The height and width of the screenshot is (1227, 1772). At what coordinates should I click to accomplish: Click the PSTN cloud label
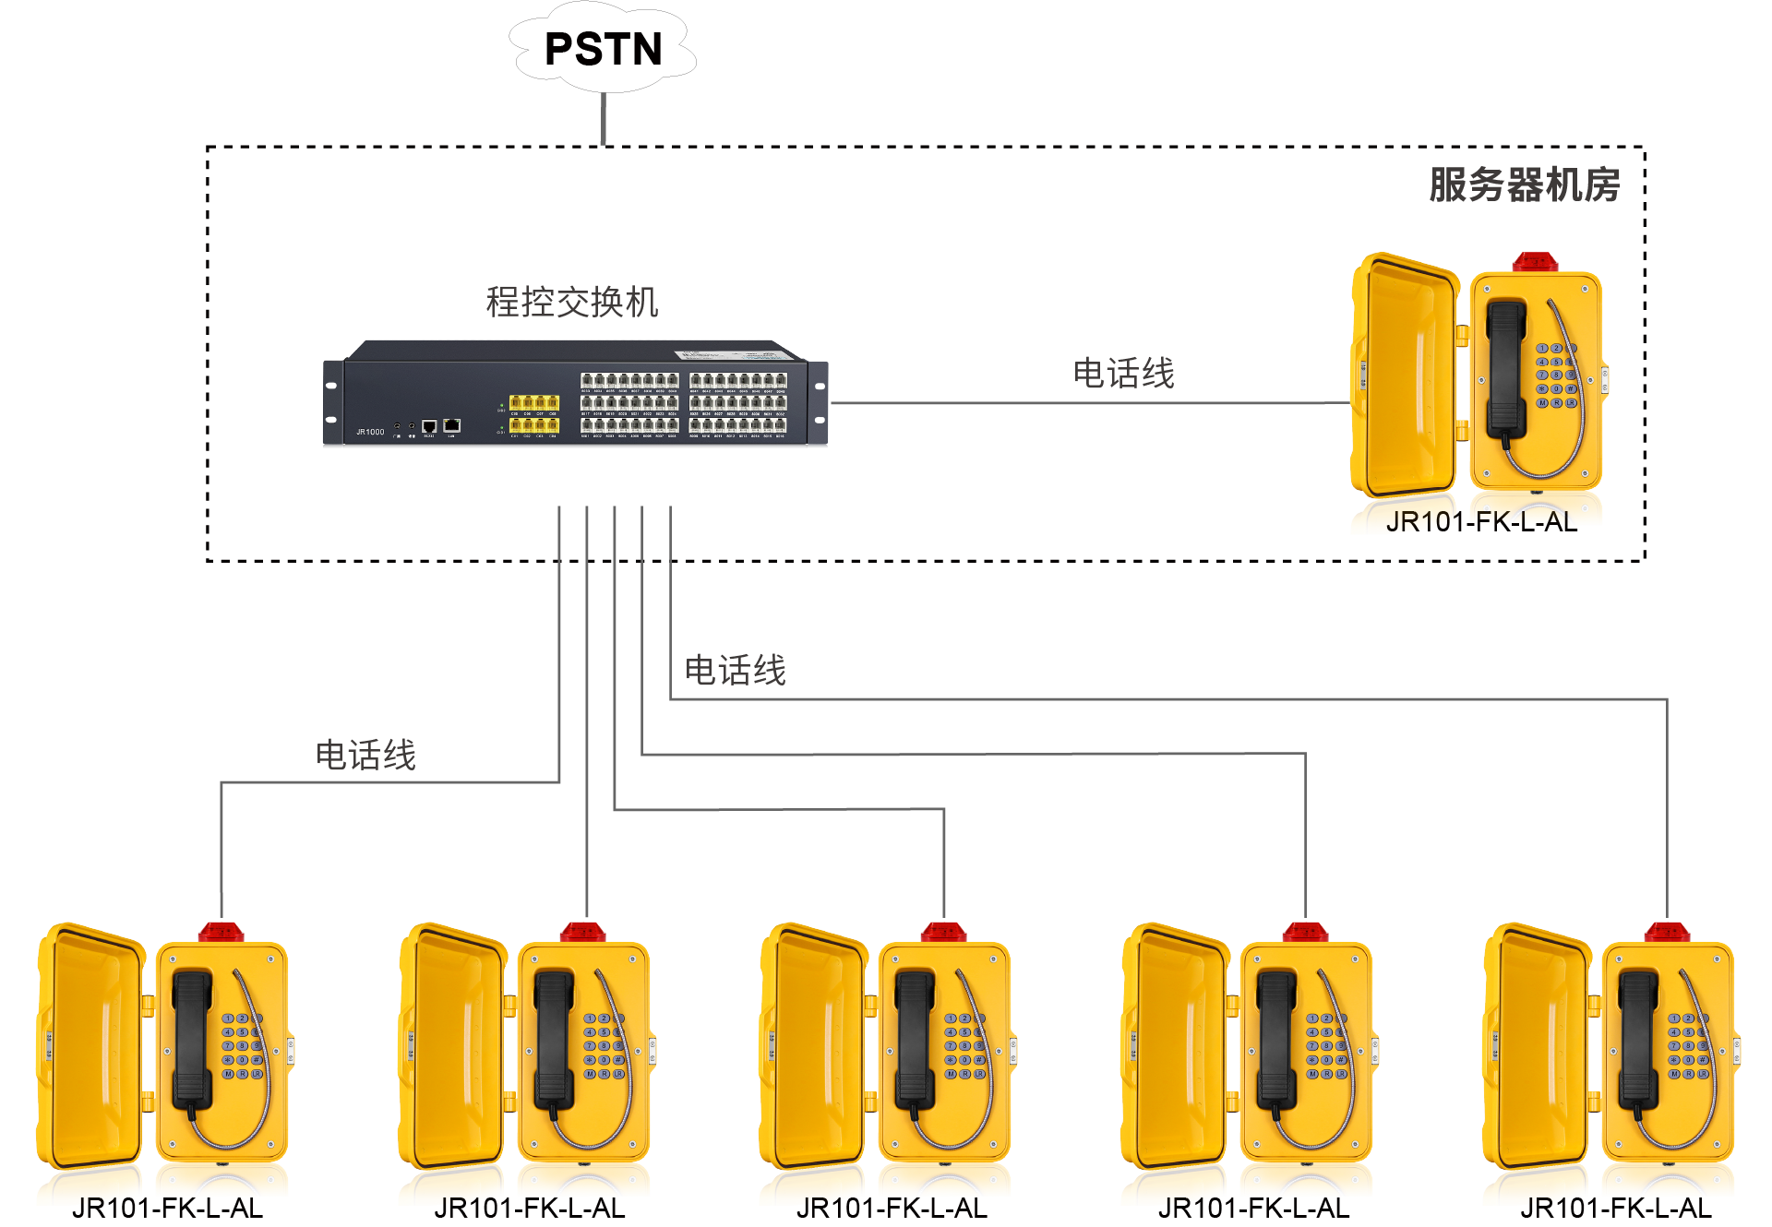(604, 49)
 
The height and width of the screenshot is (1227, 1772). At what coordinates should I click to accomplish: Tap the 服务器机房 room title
(1524, 185)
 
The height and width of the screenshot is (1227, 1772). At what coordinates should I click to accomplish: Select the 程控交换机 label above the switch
(572, 303)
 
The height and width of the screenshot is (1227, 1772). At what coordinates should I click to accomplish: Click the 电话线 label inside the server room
(1123, 374)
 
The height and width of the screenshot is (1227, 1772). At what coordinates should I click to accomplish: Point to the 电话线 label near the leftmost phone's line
(365, 756)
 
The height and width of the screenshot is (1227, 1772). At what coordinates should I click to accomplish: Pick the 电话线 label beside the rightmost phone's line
(735, 671)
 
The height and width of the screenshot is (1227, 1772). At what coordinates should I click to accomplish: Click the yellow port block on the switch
(534, 414)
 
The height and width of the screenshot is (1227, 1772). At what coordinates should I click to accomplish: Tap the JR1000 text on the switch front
(370, 432)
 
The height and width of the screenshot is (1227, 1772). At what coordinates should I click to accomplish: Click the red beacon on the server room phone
(1535, 262)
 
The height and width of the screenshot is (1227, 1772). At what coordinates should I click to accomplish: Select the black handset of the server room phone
(1506, 369)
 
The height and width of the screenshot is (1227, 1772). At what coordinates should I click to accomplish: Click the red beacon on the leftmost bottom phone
(221, 932)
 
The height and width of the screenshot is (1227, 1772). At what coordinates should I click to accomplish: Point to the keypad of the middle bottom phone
(964, 1046)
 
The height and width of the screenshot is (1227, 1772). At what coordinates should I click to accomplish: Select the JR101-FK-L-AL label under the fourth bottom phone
(1253, 1209)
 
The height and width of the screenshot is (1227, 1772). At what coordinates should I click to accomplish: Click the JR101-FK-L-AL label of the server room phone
(1481, 522)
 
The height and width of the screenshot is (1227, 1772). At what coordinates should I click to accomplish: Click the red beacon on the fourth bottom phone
(1305, 932)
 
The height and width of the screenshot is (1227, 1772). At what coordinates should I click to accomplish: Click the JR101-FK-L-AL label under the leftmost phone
(167, 1209)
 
